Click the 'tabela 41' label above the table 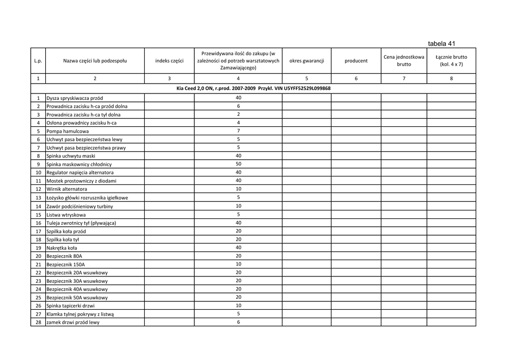click(x=441, y=43)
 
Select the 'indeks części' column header click(x=169, y=61)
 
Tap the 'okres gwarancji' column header click(x=306, y=61)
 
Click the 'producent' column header click(x=356, y=61)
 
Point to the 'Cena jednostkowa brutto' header click(x=404, y=61)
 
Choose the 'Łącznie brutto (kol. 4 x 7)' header click(x=451, y=61)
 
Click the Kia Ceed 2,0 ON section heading click(x=254, y=89)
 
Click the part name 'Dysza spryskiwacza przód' click(x=75, y=98)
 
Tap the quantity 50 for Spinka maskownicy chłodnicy click(x=238, y=164)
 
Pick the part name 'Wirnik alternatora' click(x=67, y=189)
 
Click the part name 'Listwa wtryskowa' click(x=66, y=215)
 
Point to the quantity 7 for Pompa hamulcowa click(x=238, y=131)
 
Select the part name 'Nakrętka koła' click(x=62, y=248)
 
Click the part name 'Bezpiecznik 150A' click(x=66, y=265)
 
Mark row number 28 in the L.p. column click(x=38, y=322)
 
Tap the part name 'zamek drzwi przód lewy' click(x=73, y=322)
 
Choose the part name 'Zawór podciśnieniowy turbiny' click(x=80, y=206)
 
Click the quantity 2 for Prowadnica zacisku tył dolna click(x=238, y=114)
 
